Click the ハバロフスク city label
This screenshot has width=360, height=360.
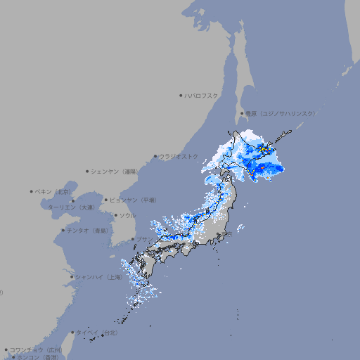(202, 95)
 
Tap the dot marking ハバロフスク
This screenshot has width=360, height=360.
(181, 95)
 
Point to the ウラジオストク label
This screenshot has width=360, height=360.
(179, 156)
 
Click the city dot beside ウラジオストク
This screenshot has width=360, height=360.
(155, 156)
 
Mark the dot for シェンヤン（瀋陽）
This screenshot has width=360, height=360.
(88, 171)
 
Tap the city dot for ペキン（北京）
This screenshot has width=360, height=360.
(32, 191)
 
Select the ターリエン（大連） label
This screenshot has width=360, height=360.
(71, 208)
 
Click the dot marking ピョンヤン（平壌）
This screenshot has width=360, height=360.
(106, 200)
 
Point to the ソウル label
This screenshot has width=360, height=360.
(127, 215)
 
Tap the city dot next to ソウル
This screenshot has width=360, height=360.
(115, 215)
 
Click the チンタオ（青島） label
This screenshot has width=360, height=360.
(87, 230)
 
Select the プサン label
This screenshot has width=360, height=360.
(143, 240)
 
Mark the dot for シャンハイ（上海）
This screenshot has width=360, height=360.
(72, 277)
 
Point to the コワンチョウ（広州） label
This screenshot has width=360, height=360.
(35, 349)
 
